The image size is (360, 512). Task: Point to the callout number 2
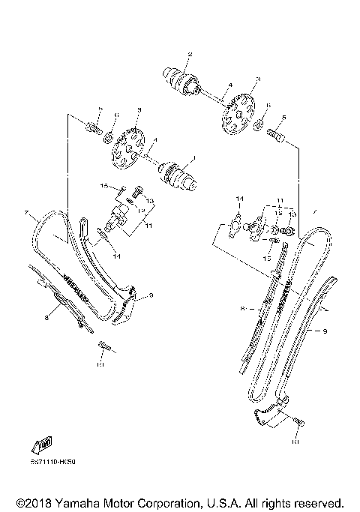click(x=190, y=54)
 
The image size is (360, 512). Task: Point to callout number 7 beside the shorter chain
click(x=26, y=214)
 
